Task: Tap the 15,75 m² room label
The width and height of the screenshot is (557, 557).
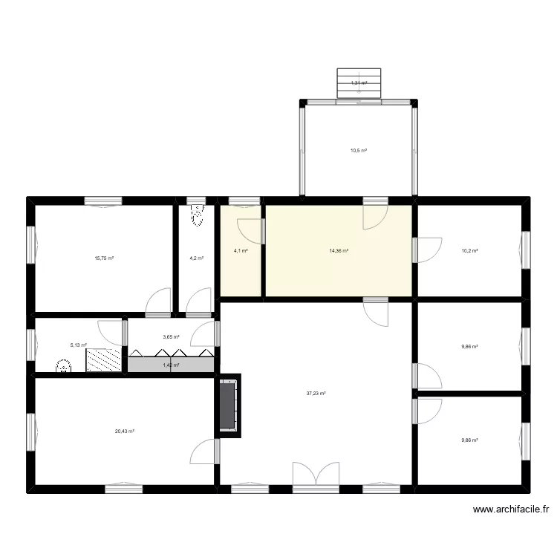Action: point(104,258)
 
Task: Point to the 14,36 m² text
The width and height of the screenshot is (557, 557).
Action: point(339,251)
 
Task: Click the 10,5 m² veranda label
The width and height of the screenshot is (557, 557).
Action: point(359,150)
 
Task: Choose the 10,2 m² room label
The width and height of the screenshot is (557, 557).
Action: point(469,251)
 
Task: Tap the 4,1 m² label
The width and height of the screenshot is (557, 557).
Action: point(241,251)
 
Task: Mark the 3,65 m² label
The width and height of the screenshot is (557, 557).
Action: point(171,337)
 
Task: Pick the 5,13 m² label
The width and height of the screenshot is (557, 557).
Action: point(79,345)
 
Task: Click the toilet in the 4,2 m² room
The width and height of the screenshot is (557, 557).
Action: point(196,216)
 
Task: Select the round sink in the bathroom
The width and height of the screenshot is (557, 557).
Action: point(65,366)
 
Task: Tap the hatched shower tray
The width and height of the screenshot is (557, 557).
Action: point(102,359)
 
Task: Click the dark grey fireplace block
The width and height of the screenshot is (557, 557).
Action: point(227,405)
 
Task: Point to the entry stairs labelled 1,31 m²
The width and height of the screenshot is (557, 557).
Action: point(359,82)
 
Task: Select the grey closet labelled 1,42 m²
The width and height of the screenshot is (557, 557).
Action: point(171,365)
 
